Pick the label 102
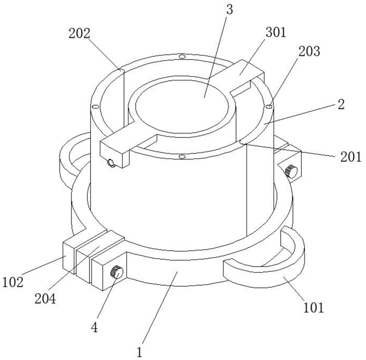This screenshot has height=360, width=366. [13, 282]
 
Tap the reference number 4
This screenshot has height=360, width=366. [95, 327]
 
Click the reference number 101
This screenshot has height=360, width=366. [314, 308]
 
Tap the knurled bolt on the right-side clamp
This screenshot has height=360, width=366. [290, 170]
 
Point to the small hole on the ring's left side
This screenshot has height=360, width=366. [93, 106]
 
